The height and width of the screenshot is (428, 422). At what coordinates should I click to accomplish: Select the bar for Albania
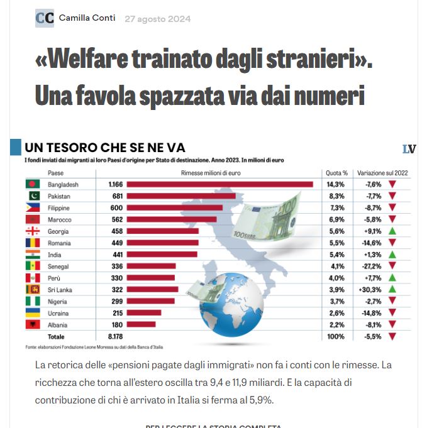142,325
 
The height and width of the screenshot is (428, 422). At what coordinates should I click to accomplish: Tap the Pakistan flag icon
32,196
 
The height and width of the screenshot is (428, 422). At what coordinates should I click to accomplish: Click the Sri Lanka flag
32,290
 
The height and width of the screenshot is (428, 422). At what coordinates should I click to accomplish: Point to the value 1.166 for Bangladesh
115,184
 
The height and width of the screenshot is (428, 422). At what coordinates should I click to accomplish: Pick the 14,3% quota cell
335,184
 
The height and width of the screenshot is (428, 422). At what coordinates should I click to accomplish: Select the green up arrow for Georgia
392,231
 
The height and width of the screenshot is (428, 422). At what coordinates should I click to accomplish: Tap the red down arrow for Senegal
392,266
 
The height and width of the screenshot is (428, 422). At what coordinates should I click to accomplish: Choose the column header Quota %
336,173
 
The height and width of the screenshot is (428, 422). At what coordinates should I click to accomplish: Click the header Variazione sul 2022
382,173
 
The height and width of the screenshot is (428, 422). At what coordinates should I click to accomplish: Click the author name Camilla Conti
87,18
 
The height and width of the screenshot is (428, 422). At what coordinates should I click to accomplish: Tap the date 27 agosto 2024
157,19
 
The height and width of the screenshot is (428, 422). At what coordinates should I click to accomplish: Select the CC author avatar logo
44,18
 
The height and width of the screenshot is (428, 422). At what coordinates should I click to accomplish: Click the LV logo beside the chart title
409,149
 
